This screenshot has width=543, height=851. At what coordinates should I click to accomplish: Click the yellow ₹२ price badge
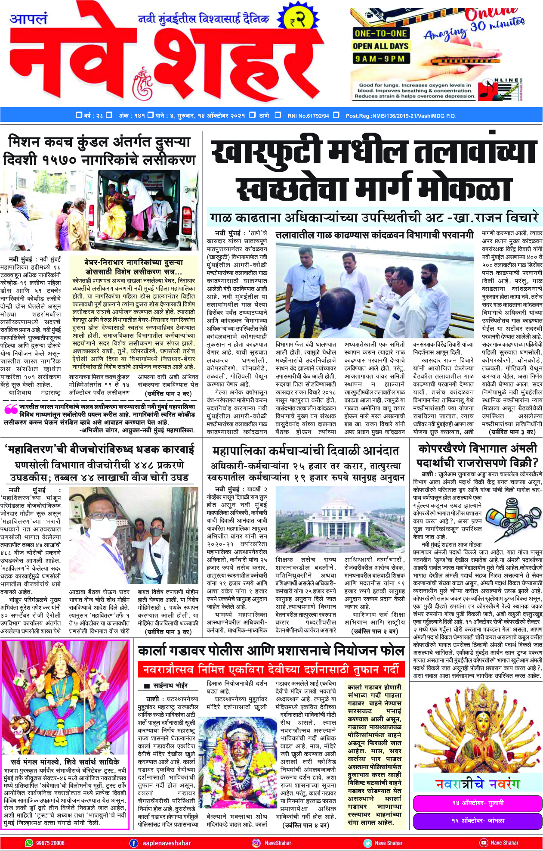296,20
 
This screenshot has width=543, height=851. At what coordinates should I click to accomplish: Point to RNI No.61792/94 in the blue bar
308,115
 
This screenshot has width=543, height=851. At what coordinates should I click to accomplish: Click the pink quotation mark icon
11,409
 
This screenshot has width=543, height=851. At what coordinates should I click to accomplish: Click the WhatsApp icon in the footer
29,843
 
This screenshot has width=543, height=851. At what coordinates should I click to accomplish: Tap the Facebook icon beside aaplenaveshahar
134,843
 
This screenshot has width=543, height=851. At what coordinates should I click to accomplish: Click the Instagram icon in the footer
256,843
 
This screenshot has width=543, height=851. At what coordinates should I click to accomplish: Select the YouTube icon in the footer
484,843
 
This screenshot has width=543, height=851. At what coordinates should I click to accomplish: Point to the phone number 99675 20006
50,843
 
